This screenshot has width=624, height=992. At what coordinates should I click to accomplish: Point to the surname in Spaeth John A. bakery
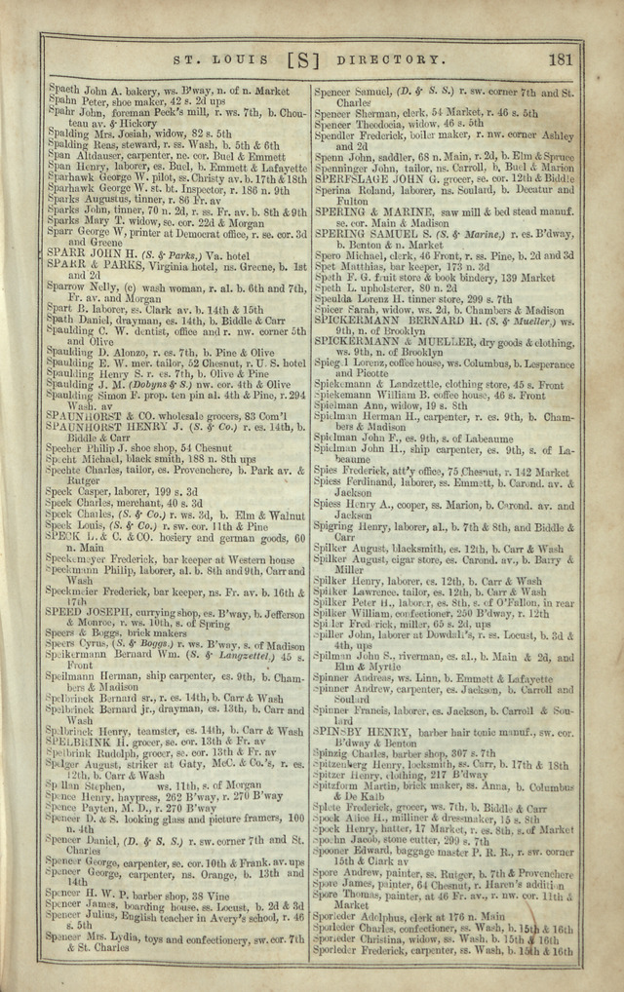click(x=65, y=90)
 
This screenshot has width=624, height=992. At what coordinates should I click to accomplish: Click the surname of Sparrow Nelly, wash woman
click(x=71, y=289)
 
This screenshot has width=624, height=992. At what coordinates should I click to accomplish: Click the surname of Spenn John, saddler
click(x=331, y=157)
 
